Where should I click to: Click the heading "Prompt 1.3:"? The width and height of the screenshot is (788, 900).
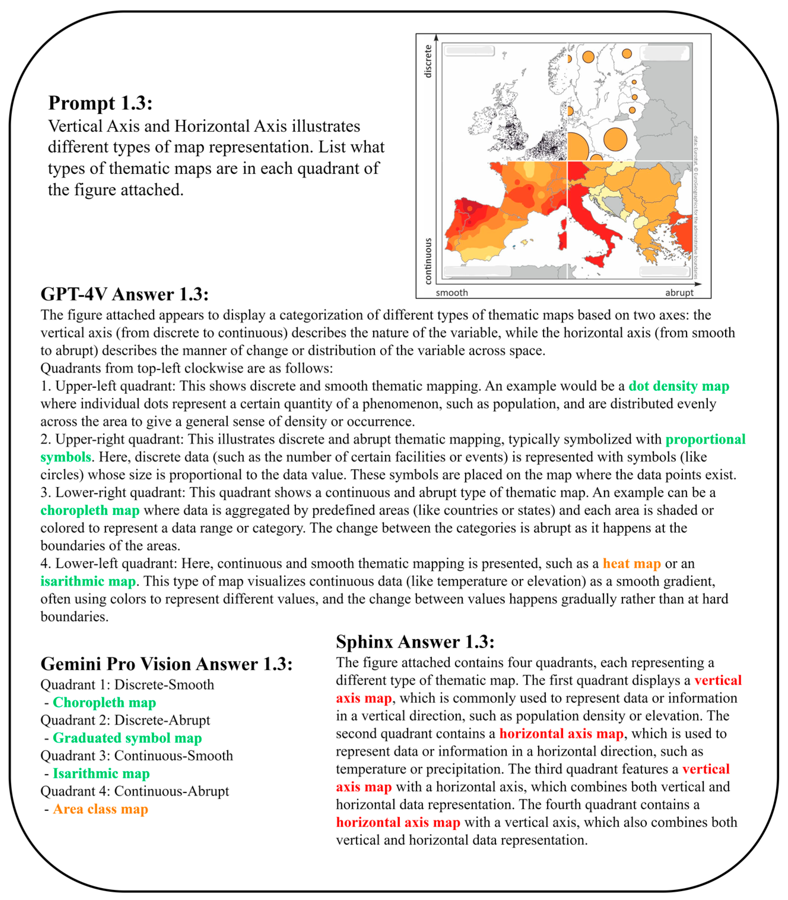tap(100, 103)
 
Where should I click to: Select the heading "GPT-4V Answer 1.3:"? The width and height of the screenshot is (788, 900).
tap(124, 294)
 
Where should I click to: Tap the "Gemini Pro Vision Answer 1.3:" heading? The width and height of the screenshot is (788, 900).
tap(166, 664)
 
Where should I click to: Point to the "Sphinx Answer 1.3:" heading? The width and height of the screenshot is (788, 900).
tap(415, 642)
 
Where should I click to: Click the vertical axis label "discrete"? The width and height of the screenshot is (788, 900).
tap(428, 61)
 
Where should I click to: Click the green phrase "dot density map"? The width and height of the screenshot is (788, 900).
tap(679, 386)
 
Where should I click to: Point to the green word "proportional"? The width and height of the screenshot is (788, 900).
tap(705, 439)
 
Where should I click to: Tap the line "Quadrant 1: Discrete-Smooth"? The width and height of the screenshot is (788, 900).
tap(127, 684)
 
